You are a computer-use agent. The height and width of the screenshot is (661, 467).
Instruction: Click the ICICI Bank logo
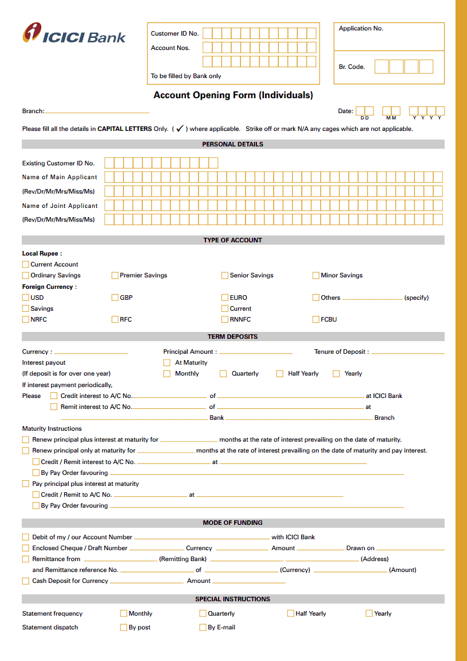(x=73, y=33)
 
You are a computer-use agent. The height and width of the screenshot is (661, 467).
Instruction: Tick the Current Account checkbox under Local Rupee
(x=25, y=264)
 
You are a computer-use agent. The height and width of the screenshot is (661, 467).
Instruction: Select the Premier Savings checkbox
(x=115, y=275)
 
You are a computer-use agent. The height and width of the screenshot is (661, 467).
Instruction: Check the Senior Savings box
(x=225, y=275)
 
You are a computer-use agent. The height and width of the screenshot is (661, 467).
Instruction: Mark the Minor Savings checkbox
(x=316, y=275)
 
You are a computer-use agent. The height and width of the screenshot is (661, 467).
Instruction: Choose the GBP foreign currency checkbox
(x=115, y=297)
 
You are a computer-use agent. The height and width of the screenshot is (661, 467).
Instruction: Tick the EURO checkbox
(x=225, y=297)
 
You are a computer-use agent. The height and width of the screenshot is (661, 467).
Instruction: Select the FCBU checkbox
(x=316, y=319)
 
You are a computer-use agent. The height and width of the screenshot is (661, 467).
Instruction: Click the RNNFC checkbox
(x=225, y=319)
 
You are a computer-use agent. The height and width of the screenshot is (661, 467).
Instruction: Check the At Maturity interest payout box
(x=167, y=362)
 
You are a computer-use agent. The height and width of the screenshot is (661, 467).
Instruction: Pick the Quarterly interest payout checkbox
(x=223, y=373)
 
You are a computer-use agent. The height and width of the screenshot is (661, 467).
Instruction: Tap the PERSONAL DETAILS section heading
(x=232, y=144)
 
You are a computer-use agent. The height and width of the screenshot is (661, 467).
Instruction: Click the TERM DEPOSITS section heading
(x=232, y=337)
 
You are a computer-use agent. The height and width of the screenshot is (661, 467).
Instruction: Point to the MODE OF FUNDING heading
(x=232, y=523)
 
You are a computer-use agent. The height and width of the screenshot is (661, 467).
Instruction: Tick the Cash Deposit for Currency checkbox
(x=25, y=581)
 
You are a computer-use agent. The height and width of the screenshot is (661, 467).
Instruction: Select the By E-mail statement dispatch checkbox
(x=203, y=627)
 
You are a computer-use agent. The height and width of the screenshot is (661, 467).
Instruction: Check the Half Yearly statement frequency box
(x=290, y=613)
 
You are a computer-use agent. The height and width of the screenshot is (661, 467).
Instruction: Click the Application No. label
(x=361, y=29)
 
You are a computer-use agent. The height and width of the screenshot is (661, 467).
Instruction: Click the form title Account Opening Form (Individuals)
(x=233, y=95)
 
